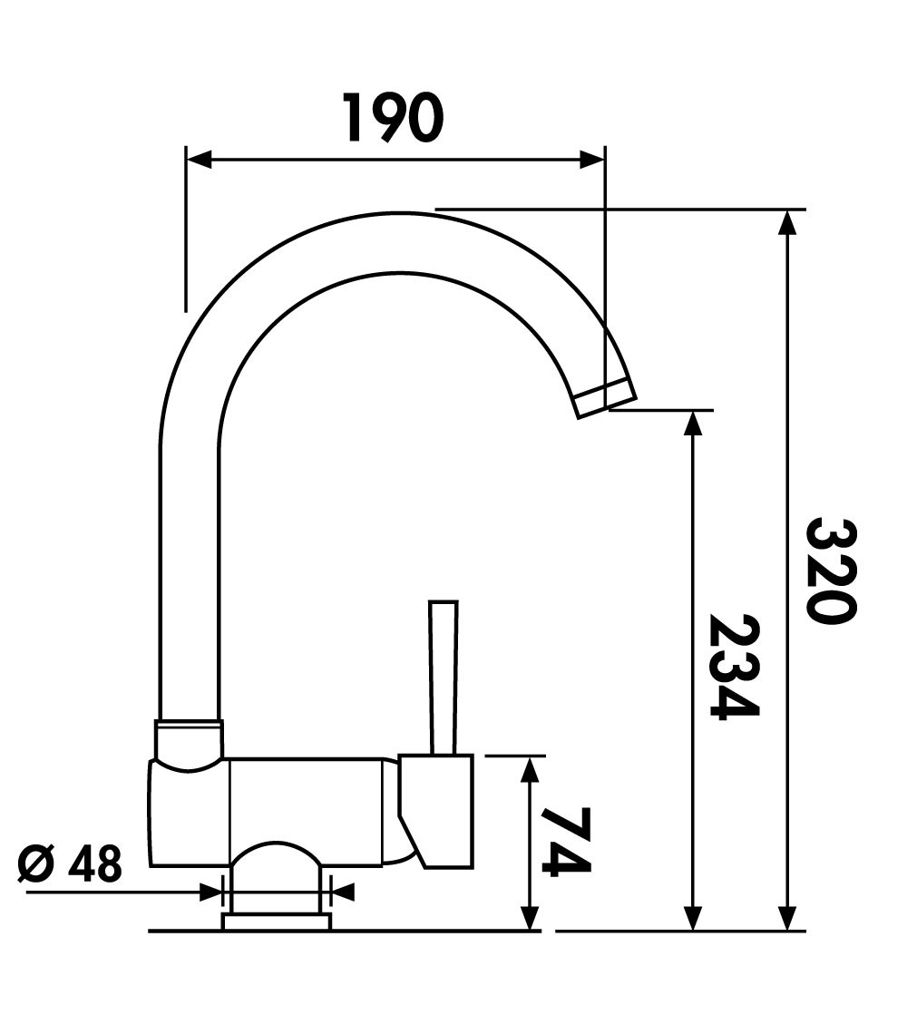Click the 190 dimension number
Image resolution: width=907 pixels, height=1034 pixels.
pos(394,117)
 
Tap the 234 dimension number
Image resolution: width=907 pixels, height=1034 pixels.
pos(733,667)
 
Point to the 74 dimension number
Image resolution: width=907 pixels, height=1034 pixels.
pos(566,842)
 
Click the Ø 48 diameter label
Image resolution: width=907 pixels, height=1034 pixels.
pos(70,864)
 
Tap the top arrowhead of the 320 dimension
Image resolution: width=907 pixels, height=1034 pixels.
pos(788,221)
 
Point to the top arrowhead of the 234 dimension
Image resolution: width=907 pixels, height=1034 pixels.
pos(694,423)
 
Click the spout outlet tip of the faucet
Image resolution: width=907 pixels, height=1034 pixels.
pos(606,399)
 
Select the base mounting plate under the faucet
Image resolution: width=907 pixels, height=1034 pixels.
pos(277,922)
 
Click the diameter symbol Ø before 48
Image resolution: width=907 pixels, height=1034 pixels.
pos(34,864)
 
